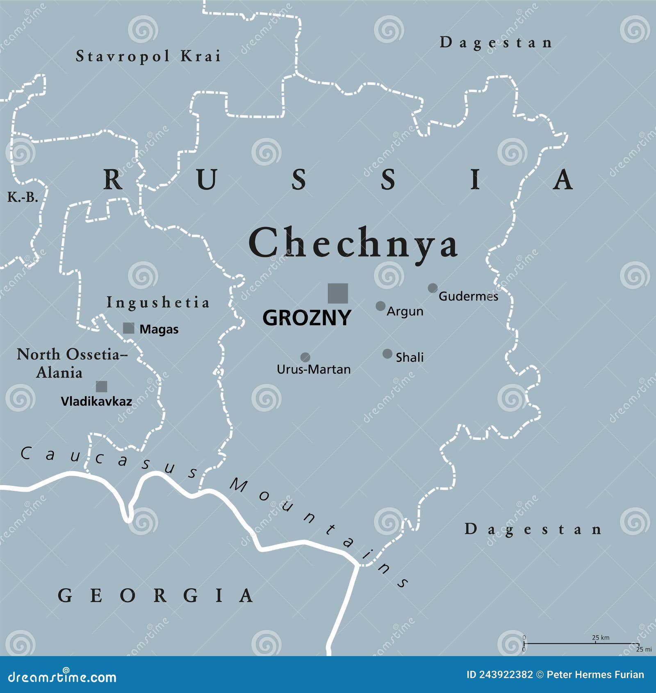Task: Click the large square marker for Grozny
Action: coord(338,294)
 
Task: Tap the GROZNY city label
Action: coord(307,318)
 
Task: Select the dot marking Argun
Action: coord(380,306)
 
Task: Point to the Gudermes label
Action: coord(468,296)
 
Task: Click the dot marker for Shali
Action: coord(387,354)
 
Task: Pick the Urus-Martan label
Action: coord(314,369)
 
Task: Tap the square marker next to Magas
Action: coord(129,328)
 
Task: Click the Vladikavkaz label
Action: coord(96,401)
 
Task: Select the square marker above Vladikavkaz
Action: coord(101,386)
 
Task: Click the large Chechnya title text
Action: coord(353,244)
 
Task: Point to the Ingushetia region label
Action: coord(158,303)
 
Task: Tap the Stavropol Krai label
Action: coord(148,56)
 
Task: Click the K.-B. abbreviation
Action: coord(23,198)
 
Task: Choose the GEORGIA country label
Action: coord(155,595)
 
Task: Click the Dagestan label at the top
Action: coord(496,43)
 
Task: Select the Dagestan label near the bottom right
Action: coord(533,529)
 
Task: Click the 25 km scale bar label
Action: coord(600,638)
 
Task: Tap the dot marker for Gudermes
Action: coord(433,288)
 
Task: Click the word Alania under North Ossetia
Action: coord(59,373)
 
